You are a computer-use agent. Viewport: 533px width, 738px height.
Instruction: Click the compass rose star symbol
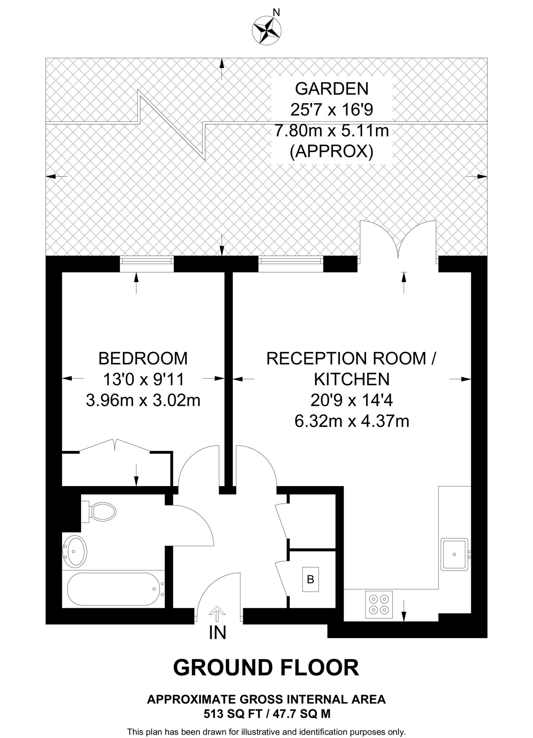267,31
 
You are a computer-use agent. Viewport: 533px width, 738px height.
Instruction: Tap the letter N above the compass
276,13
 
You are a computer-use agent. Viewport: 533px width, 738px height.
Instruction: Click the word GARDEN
332,89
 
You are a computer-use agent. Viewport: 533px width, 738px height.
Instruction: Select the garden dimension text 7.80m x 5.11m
332,130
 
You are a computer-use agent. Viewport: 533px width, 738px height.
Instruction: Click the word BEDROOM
143,359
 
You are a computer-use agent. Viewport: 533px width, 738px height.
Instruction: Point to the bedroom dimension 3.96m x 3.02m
143,400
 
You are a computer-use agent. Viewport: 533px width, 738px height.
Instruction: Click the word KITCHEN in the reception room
352,379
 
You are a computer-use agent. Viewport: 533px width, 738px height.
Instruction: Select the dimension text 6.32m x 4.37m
352,421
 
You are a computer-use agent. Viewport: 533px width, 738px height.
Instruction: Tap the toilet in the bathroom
101,511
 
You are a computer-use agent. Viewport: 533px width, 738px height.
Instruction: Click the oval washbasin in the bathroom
75,551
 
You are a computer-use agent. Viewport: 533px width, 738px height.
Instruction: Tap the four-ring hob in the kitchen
379,604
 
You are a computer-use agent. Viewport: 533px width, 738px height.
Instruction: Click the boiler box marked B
310,579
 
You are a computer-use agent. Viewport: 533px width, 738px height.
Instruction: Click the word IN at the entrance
217,632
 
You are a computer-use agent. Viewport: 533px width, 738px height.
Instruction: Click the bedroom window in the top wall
146,263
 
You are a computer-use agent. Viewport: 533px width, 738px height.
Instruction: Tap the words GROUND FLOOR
266,668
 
